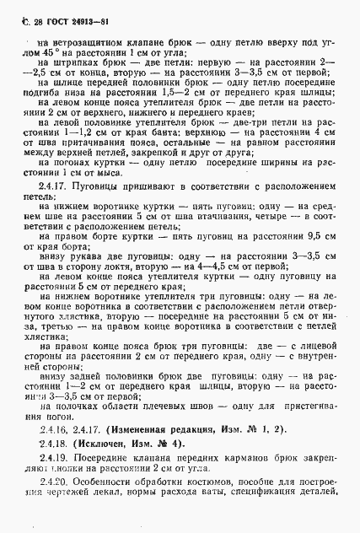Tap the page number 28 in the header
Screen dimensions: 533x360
tap(24, 9)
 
